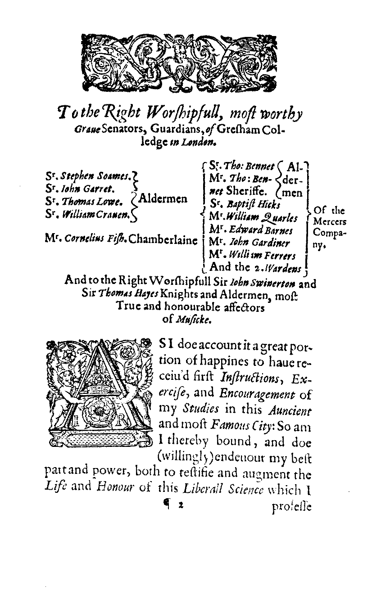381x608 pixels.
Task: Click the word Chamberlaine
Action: coord(163,240)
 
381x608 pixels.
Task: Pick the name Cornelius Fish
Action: coord(93,240)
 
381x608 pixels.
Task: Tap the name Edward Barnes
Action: coord(260,231)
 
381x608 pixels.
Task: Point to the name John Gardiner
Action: coord(259,243)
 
